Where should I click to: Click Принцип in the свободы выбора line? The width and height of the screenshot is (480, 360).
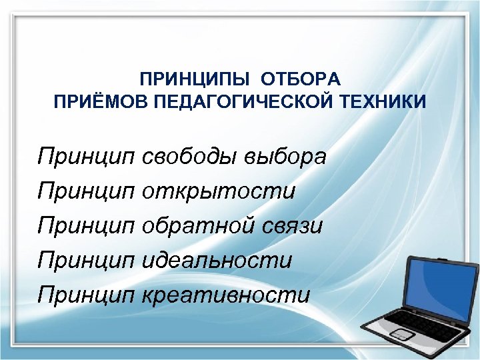[x=87, y=159]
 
